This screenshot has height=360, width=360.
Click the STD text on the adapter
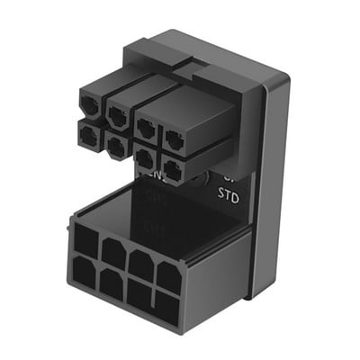click(x=228, y=193)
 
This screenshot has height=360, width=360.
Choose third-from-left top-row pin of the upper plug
click(x=147, y=127)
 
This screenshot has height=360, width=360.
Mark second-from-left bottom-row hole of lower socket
click(x=112, y=284)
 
